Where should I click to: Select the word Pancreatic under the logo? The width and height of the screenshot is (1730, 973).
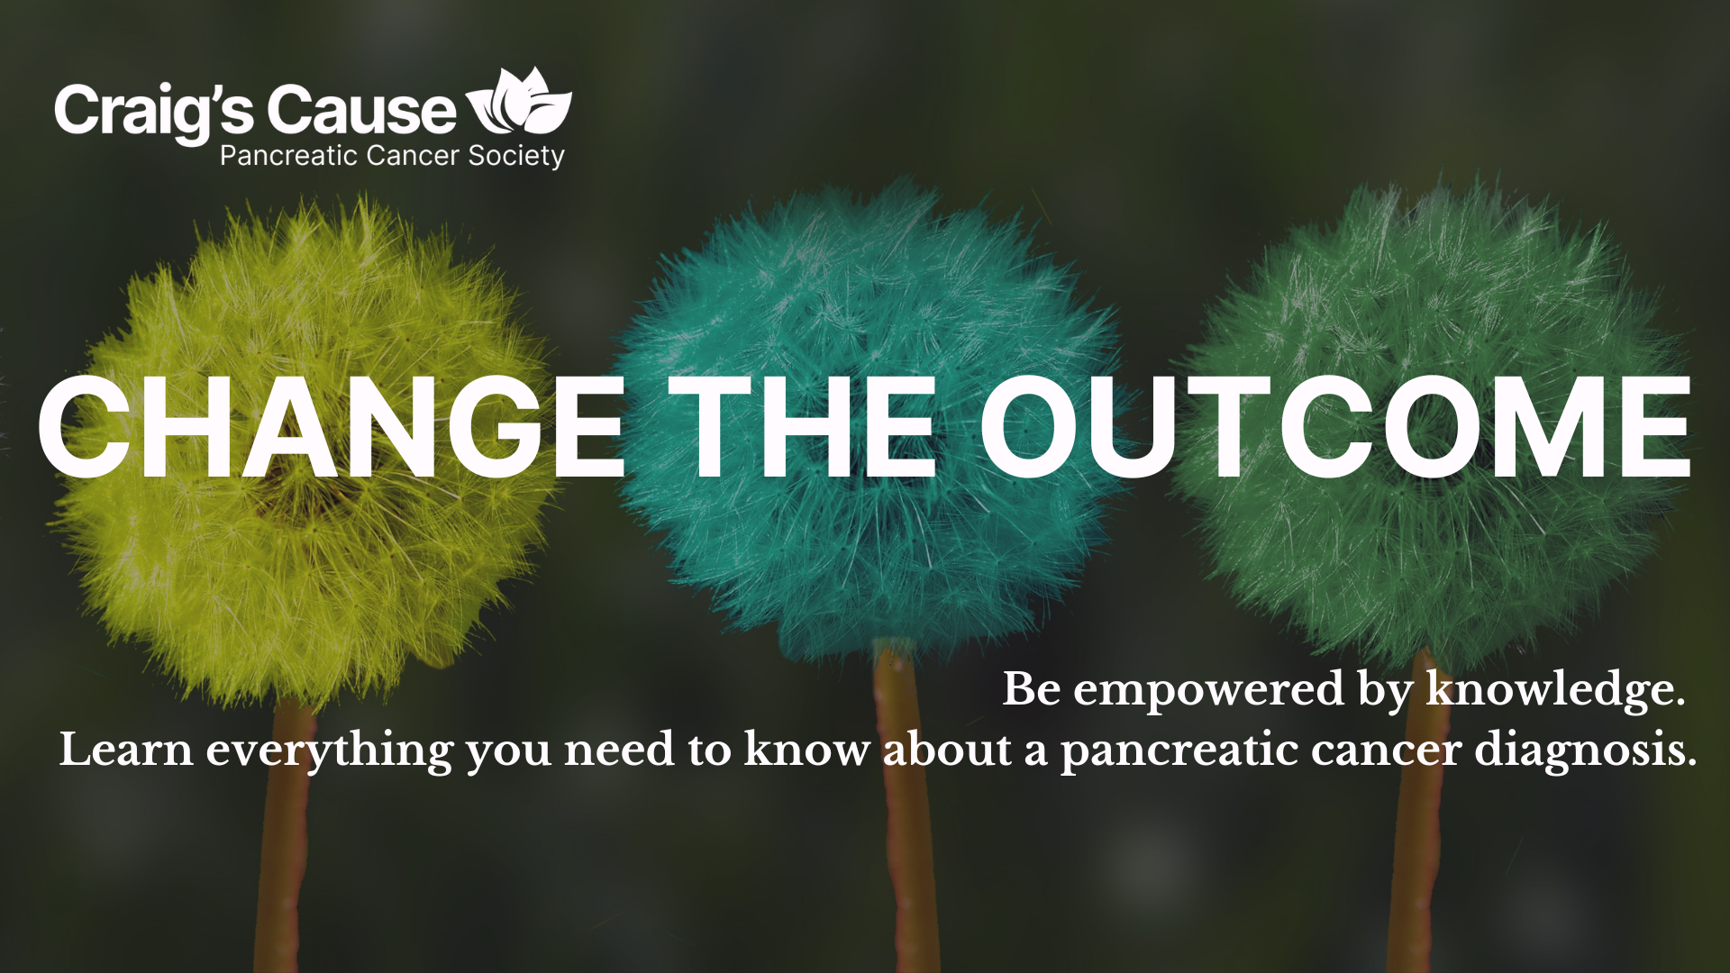289,156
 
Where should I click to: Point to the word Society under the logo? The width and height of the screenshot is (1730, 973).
516,157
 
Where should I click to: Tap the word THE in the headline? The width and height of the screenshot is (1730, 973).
803,426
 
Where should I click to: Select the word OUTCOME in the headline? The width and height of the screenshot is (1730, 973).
1335,426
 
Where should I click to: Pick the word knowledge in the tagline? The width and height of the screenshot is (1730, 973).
1554,690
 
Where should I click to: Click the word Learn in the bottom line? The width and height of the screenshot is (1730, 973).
126,750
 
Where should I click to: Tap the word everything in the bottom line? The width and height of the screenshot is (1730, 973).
329,752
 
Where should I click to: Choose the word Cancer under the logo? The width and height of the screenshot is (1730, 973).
414,156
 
